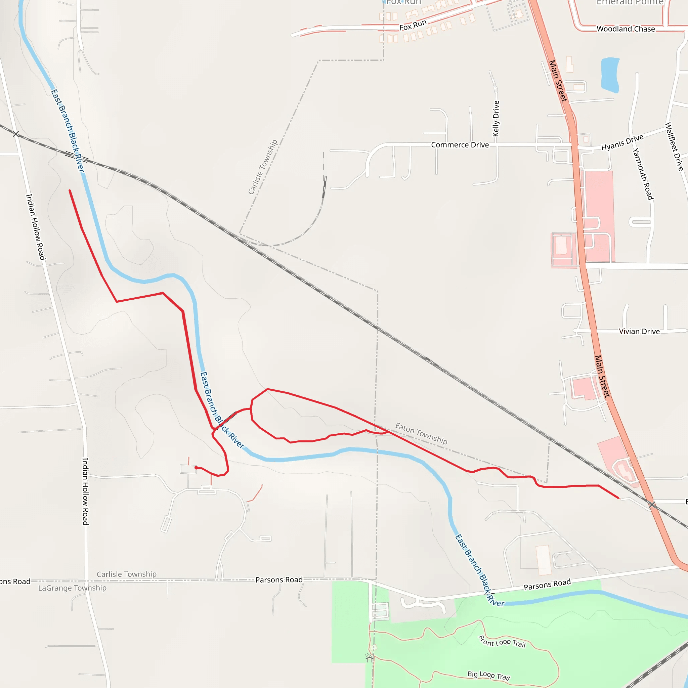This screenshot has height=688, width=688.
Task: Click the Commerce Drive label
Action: [460, 145]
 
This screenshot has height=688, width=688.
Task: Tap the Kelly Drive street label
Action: [496, 119]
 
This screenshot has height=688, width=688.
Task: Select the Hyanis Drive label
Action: [622, 142]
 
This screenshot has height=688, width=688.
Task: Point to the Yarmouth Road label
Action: [643, 174]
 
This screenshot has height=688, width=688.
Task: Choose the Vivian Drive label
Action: [639, 332]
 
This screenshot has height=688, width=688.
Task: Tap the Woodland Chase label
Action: [626, 29]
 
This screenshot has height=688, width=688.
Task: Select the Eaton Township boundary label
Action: [421, 433]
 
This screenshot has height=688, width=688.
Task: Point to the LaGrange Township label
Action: [72, 588]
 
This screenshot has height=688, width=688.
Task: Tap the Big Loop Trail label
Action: [488, 675]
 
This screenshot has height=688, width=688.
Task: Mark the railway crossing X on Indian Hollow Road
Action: [16, 134]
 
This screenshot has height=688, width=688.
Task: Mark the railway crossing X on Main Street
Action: [652, 504]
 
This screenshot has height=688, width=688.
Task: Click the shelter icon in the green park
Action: [369, 658]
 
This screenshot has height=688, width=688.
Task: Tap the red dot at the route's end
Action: [196, 468]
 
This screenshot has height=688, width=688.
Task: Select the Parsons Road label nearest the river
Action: [547, 585]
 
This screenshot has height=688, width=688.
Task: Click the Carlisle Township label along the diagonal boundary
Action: [262, 167]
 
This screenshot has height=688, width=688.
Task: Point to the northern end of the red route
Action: [70, 190]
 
